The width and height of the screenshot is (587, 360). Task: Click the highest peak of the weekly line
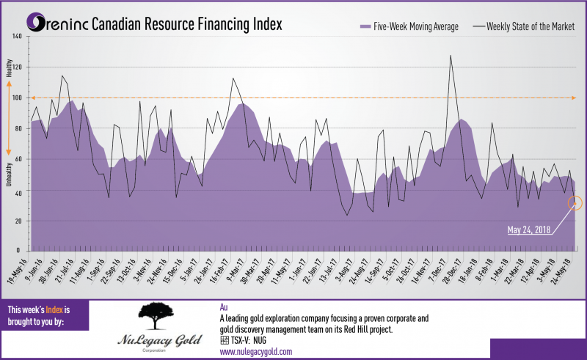[450, 55]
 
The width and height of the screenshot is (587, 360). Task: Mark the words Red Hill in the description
[377, 330]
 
